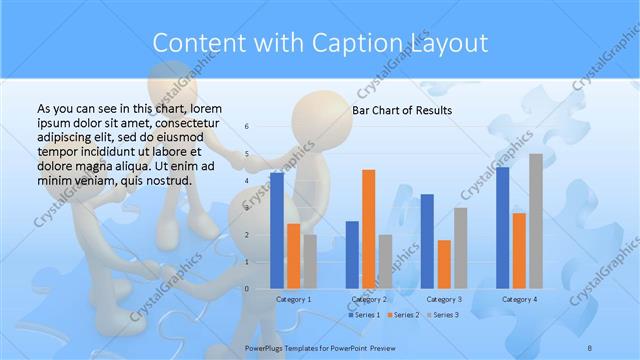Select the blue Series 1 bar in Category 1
tap(277, 230)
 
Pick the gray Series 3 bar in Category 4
tap(536, 221)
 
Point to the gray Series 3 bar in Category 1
tap(310, 261)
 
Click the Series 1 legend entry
tap(363, 315)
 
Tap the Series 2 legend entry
tap(402, 315)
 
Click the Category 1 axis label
tap(293, 299)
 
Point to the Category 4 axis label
tap(519, 299)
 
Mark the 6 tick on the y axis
tap(248, 127)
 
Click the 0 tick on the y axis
tap(248, 288)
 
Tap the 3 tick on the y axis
tap(248, 208)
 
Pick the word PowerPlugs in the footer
tap(267, 345)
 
